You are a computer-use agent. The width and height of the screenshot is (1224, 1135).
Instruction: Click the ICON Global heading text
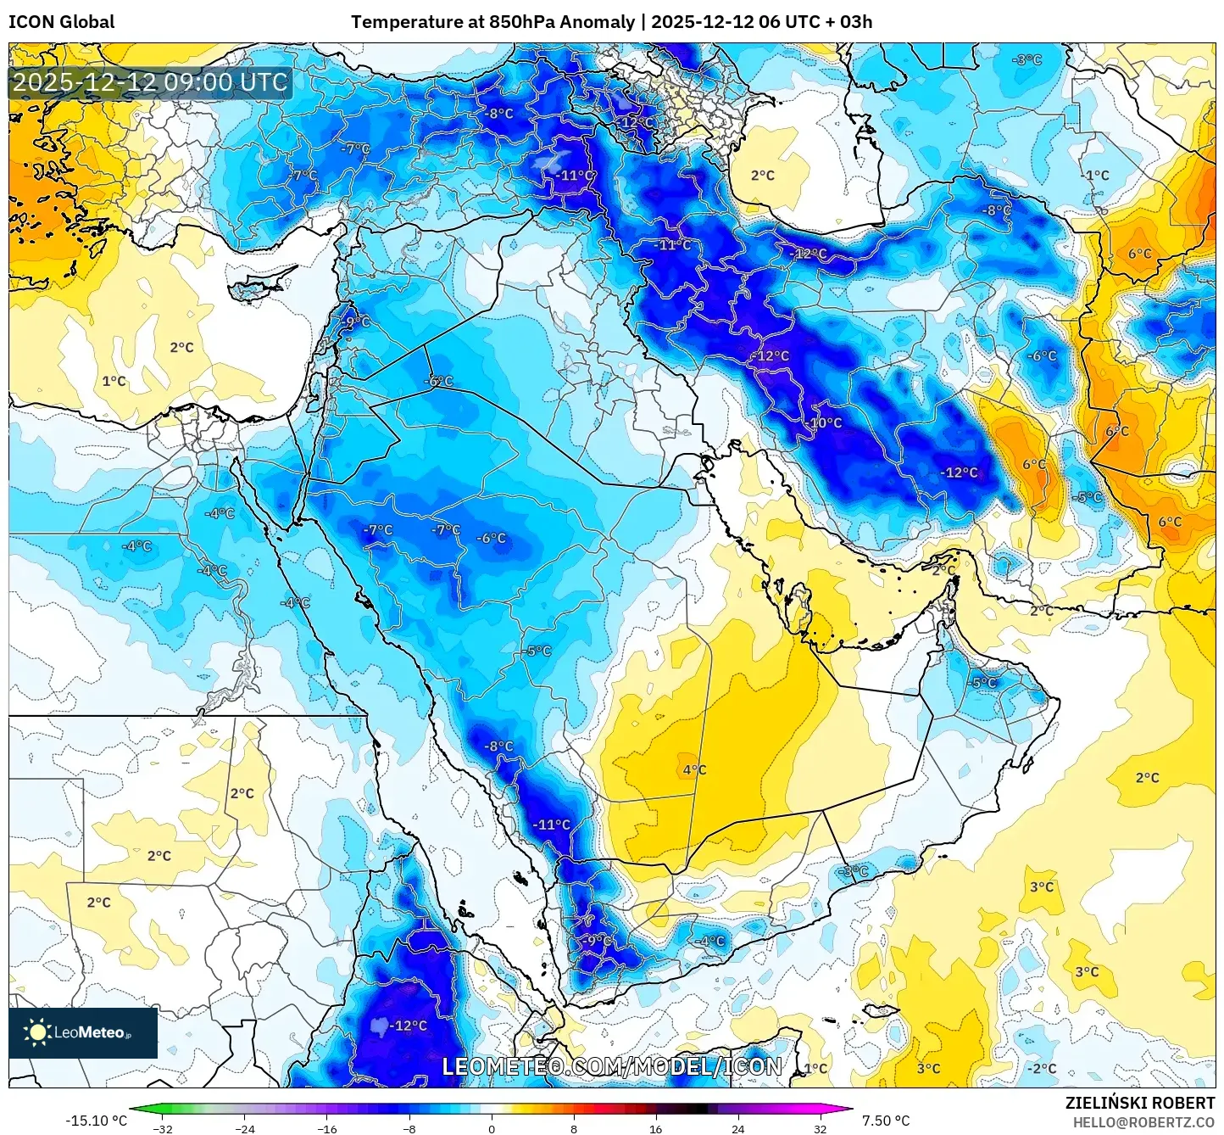61,22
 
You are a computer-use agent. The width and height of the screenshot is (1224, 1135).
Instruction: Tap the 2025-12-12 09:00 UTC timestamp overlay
151,83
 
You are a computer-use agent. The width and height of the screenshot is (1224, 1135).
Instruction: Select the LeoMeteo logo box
83,1032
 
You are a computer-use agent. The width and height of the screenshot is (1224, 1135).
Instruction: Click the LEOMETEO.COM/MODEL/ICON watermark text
612,1066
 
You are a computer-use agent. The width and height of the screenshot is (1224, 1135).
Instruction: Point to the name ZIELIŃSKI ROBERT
1140,1103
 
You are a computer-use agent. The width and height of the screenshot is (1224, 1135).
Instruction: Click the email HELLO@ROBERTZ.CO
1143,1122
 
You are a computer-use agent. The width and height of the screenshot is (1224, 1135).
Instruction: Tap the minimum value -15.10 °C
96,1121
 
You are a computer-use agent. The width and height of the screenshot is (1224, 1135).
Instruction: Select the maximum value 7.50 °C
886,1121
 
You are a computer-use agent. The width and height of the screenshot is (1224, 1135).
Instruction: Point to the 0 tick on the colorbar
492,1128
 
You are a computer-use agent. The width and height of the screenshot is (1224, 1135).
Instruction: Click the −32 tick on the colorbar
162,1128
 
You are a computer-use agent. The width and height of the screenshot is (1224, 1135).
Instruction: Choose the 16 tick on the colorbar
656,1128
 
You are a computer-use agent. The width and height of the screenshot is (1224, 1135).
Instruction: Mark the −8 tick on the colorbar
409,1128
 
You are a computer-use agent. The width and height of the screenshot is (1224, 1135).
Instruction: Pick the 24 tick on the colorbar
738,1128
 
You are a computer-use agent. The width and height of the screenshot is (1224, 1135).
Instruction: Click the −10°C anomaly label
825,422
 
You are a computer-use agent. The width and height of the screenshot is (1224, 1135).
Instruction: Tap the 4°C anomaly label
694,769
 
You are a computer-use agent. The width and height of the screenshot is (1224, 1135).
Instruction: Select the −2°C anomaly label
1042,1068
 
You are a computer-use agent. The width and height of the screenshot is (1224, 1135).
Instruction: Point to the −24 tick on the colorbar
244,1128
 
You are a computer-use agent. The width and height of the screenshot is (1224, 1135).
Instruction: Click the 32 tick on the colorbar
821,1128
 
